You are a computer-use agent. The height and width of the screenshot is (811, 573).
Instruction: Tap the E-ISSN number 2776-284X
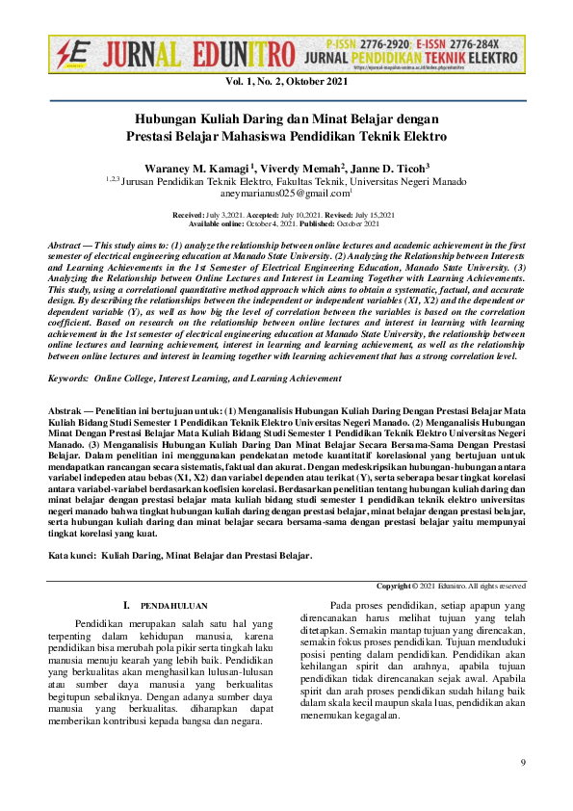[x=487, y=44]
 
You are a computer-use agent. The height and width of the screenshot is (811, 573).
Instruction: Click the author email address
[x=285, y=194]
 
